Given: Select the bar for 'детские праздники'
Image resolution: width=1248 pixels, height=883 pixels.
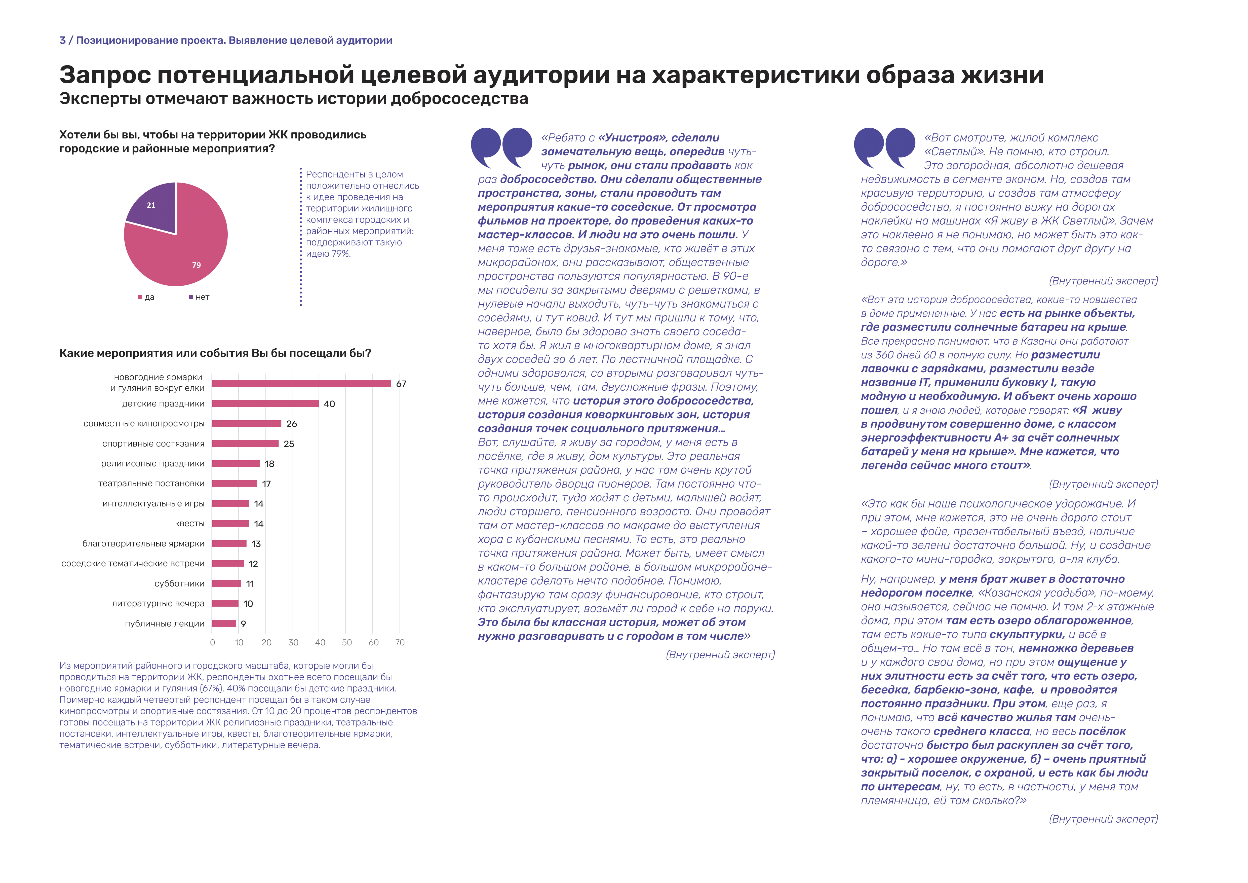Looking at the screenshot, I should tap(265, 403).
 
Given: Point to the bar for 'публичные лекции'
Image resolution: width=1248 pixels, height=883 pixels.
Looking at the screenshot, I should tap(224, 624).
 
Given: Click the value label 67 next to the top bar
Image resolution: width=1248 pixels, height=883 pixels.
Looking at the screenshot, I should tap(401, 384).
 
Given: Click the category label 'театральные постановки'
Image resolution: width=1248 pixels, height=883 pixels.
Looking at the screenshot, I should tap(151, 483).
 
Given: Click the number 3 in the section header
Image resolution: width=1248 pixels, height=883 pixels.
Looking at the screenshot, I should tap(62, 40).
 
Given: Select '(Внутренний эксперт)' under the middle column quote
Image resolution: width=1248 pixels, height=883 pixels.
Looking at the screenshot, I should tap(720, 655).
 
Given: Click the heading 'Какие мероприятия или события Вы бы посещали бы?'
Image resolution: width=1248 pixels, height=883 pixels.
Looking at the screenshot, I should tap(215, 353).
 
